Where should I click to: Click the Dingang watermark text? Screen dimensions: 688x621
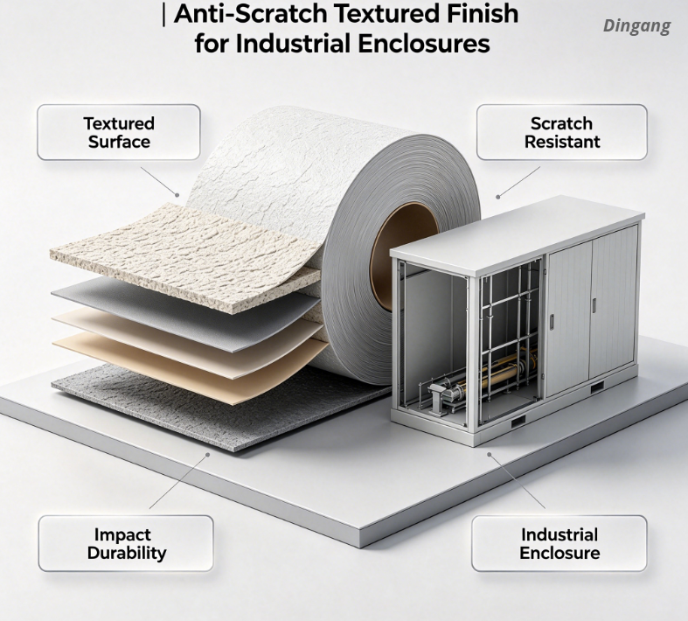pos(636,26)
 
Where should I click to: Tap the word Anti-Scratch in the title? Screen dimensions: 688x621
pos(251,13)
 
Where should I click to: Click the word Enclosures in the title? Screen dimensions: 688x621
pos(424,44)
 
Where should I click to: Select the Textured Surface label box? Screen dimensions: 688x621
pos(119,132)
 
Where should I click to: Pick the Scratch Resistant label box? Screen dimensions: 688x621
pos(561,132)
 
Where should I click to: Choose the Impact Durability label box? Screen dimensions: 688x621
pos(126,543)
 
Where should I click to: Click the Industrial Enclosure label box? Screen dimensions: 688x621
pos(559,543)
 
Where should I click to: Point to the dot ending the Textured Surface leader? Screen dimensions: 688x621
pos(177,195)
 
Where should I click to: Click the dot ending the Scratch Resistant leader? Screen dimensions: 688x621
pos(498,197)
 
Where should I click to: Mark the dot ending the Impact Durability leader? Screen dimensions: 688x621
pos(208,455)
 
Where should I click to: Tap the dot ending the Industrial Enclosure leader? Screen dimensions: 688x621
pos(490,454)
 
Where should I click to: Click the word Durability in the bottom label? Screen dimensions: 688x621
pos(127,553)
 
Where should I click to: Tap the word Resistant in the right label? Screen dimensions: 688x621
pos(562,142)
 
